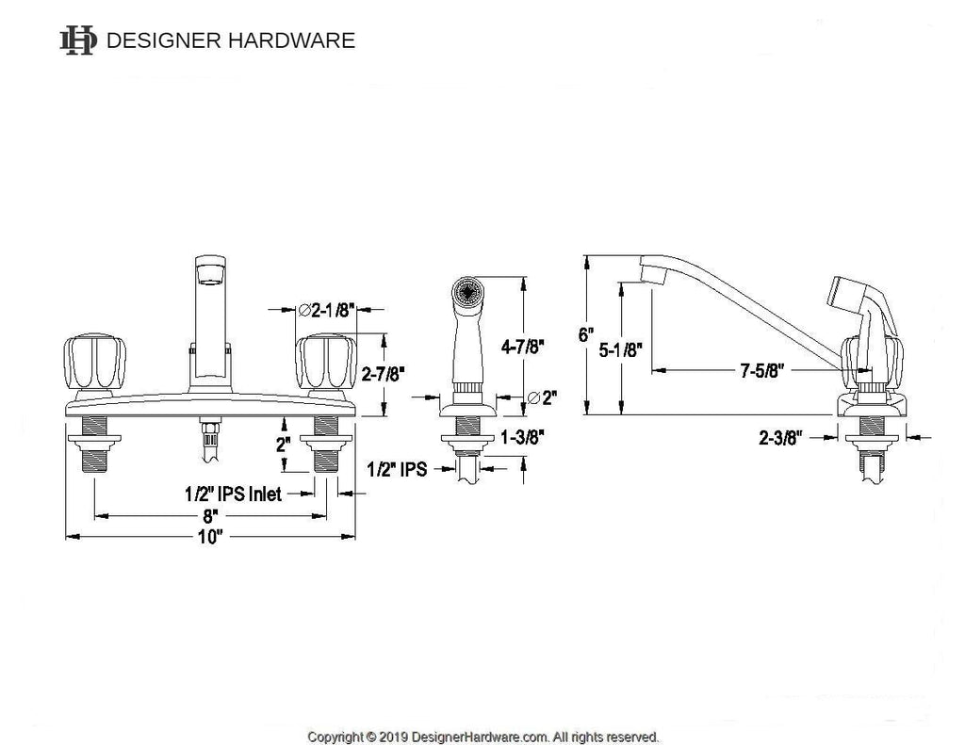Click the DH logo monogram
pos(79,40)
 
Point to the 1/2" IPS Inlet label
pos(232,493)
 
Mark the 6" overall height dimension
pos(587,334)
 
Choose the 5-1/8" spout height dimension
pos(621,349)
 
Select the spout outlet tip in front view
pos(210,274)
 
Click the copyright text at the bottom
pos(482,736)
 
